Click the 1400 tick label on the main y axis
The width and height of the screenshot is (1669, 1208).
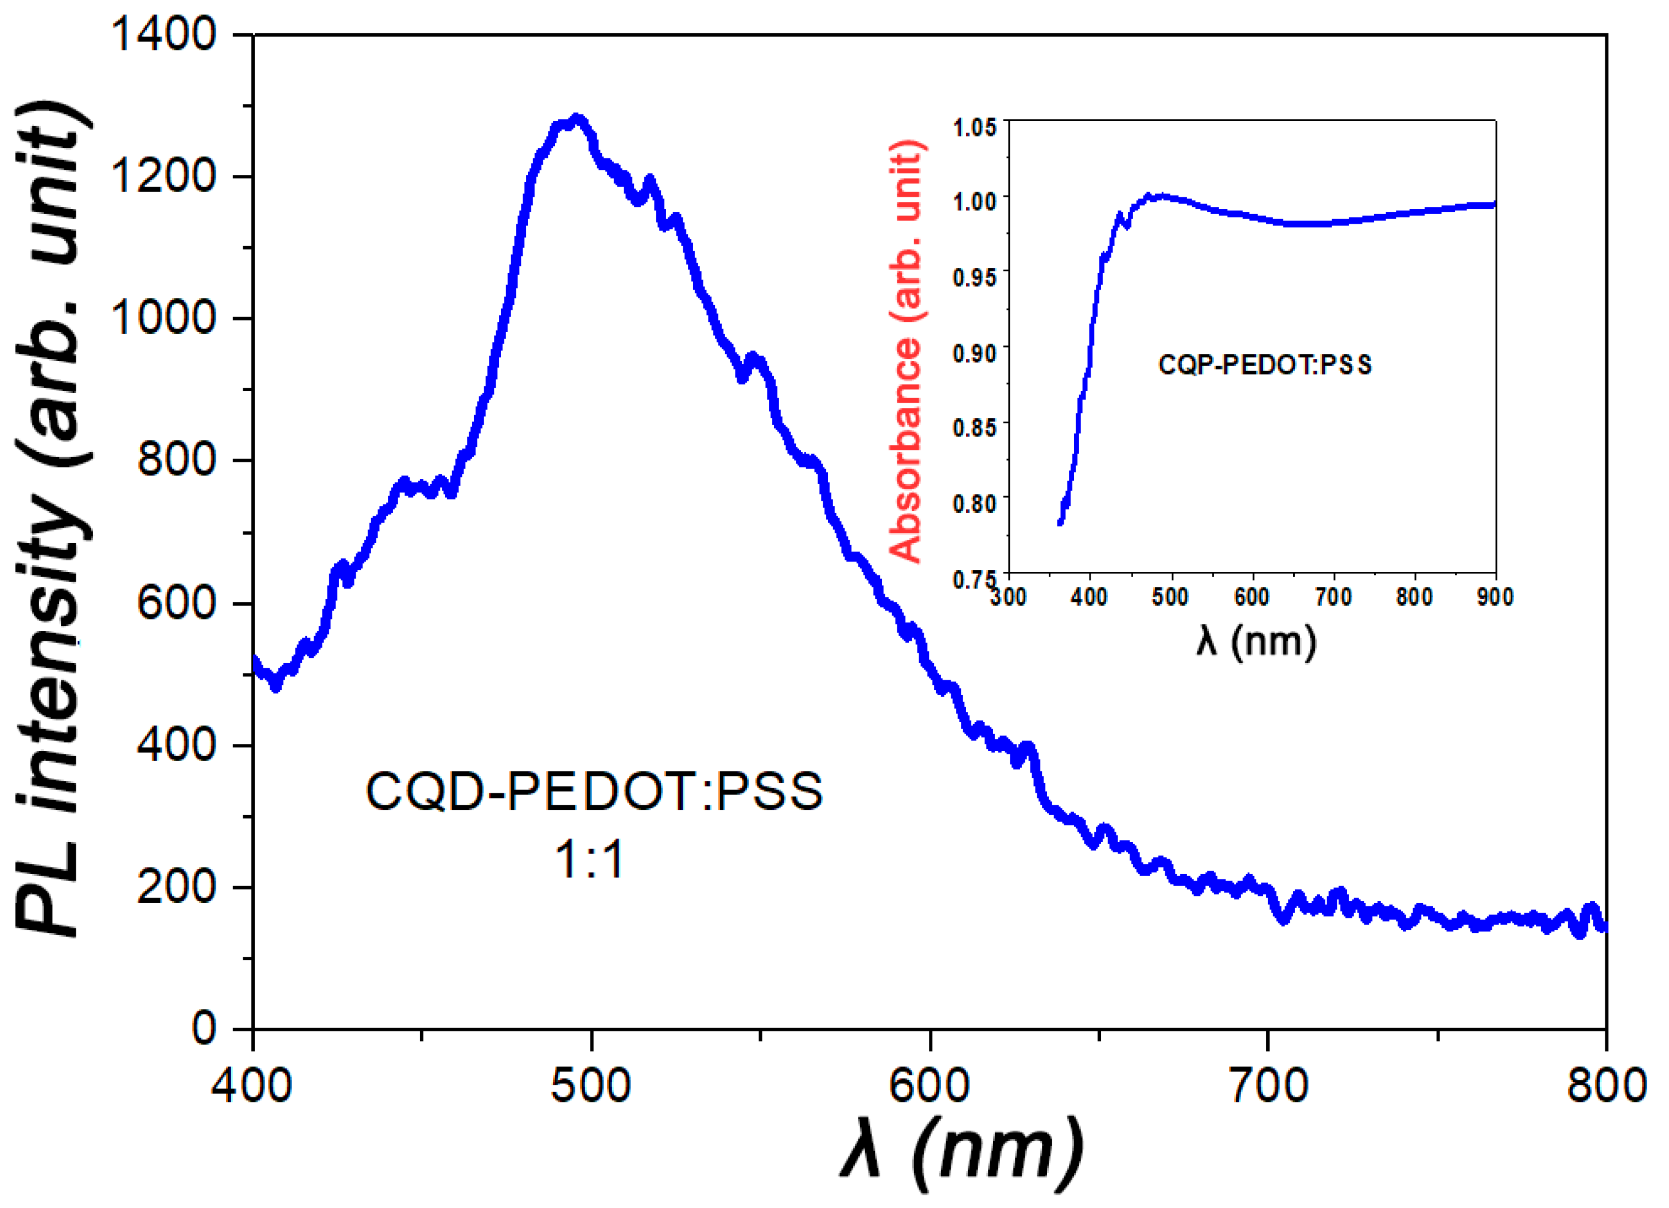tap(164, 34)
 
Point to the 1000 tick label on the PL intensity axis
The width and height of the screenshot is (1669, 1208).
tap(164, 318)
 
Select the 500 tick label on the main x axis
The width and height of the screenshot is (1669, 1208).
tap(591, 1086)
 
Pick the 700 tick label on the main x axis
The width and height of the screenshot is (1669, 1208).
tap(1269, 1086)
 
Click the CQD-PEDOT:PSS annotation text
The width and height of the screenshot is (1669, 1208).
tap(594, 792)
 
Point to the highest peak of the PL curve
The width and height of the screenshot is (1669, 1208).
tap(578, 119)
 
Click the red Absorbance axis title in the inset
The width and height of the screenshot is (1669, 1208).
tap(906, 352)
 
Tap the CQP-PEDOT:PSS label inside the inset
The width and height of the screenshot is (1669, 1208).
tap(1265, 365)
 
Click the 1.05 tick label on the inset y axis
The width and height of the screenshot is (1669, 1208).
tap(974, 127)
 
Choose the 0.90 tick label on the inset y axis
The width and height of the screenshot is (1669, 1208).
tap(974, 353)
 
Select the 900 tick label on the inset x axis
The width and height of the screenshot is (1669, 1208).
tap(1495, 597)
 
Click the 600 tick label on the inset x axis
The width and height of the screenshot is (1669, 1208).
tap(1251, 597)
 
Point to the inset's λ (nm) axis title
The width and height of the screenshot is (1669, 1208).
tap(1255, 641)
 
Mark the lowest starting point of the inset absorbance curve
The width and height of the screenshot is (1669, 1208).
tap(1060, 523)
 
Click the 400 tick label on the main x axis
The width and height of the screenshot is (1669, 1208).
tap(252, 1086)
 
